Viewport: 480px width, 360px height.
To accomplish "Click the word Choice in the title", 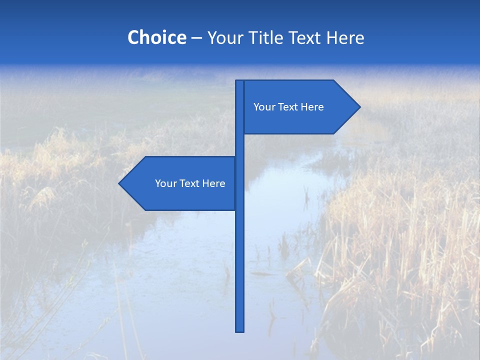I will (156, 37).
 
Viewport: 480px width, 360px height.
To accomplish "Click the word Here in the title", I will (345, 37).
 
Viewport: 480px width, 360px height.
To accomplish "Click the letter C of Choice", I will (133, 37).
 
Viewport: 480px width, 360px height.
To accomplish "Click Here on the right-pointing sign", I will (312, 107).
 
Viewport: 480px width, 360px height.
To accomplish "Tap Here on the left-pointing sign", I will (213, 183).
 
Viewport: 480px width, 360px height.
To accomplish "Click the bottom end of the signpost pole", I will (239, 330).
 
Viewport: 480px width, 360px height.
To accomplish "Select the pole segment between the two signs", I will (239, 145).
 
